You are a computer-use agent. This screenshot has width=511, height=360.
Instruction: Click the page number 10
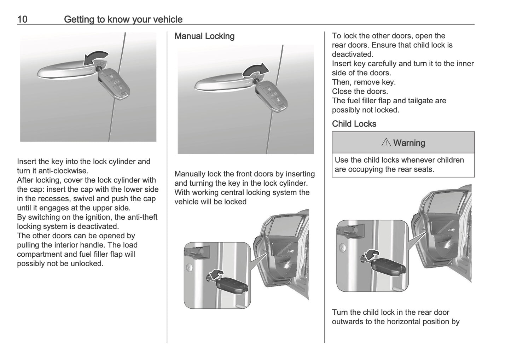point(22,19)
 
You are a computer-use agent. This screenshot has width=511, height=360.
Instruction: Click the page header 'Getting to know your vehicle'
point(123,19)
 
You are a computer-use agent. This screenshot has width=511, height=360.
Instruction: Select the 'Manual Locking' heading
point(204,36)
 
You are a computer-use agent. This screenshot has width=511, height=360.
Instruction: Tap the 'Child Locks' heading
point(354,124)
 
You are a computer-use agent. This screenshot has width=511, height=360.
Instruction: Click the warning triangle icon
point(386,143)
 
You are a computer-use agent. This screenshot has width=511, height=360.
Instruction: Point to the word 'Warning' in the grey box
point(409,143)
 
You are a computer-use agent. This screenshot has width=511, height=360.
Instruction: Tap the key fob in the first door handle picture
point(114,82)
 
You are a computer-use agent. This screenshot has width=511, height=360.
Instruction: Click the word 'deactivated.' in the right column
point(353,54)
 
